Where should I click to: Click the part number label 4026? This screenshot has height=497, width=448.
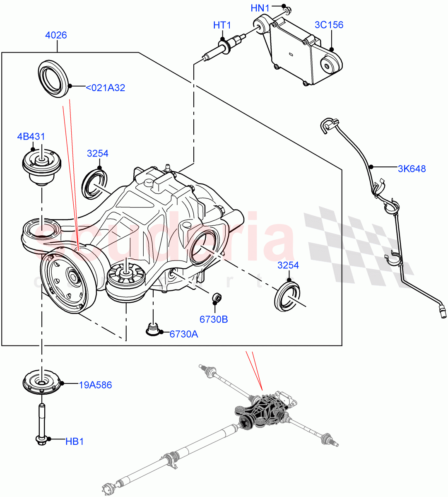tap(56, 35)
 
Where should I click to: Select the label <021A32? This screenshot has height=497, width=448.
tap(105, 88)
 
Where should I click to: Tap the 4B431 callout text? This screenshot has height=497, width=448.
tap(31, 137)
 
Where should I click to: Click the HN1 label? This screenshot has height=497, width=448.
tap(260, 8)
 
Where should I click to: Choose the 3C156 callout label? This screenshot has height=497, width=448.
tap(329, 25)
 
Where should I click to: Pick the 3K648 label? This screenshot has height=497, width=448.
tap(412, 169)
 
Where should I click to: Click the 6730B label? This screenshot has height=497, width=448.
tap(214, 319)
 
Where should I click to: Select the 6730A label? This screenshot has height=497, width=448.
tap(183, 334)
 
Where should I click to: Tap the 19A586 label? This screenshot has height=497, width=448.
tap(95, 385)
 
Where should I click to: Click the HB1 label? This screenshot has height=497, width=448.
tap(75, 442)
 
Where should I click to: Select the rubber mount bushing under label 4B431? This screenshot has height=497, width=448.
tap(41, 166)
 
